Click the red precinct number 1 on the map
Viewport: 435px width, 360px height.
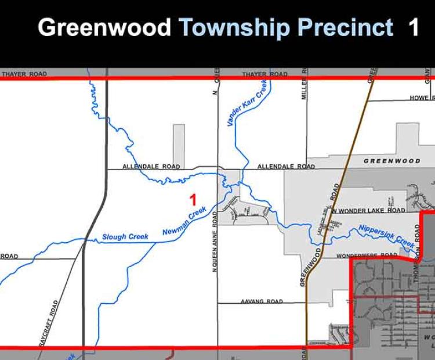click(193, 200)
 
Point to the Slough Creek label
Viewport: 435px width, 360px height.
click(125, 237)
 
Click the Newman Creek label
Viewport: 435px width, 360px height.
click(184, 222)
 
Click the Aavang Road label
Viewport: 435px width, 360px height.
click(262, 301)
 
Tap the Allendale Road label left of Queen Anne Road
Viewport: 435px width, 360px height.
click(151, 167)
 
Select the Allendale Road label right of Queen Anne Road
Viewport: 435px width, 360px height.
click(286, 167)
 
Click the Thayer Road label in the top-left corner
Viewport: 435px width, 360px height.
click(24, 74)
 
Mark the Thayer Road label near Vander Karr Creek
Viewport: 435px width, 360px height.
click(264, 74)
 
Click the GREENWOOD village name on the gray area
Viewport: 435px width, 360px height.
click(392, 160)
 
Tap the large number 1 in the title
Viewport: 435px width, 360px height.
click(413, 27)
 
